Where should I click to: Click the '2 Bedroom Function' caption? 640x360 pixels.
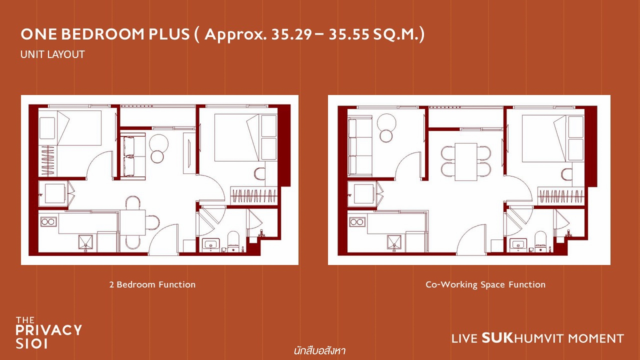click(152, 284)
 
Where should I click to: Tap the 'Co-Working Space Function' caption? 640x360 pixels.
click(485, 284)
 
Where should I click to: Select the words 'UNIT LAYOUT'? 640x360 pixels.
click(52, 54)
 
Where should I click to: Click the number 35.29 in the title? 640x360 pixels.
click(291, 34)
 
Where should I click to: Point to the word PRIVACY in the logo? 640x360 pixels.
click(49, 330)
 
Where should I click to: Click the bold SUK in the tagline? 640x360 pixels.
click(498, 338)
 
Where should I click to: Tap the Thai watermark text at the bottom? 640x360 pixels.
click(320, 351)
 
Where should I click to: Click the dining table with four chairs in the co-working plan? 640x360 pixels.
click(466, 162)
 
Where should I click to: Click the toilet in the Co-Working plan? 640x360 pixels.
click(541, 241)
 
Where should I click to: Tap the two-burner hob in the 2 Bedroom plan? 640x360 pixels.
click(48, 221)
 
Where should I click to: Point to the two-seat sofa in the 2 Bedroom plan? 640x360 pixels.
click(133, 156)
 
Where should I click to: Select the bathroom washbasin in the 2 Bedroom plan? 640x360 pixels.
click(211, 245)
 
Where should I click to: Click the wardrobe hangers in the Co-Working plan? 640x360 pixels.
click(562, 196)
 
